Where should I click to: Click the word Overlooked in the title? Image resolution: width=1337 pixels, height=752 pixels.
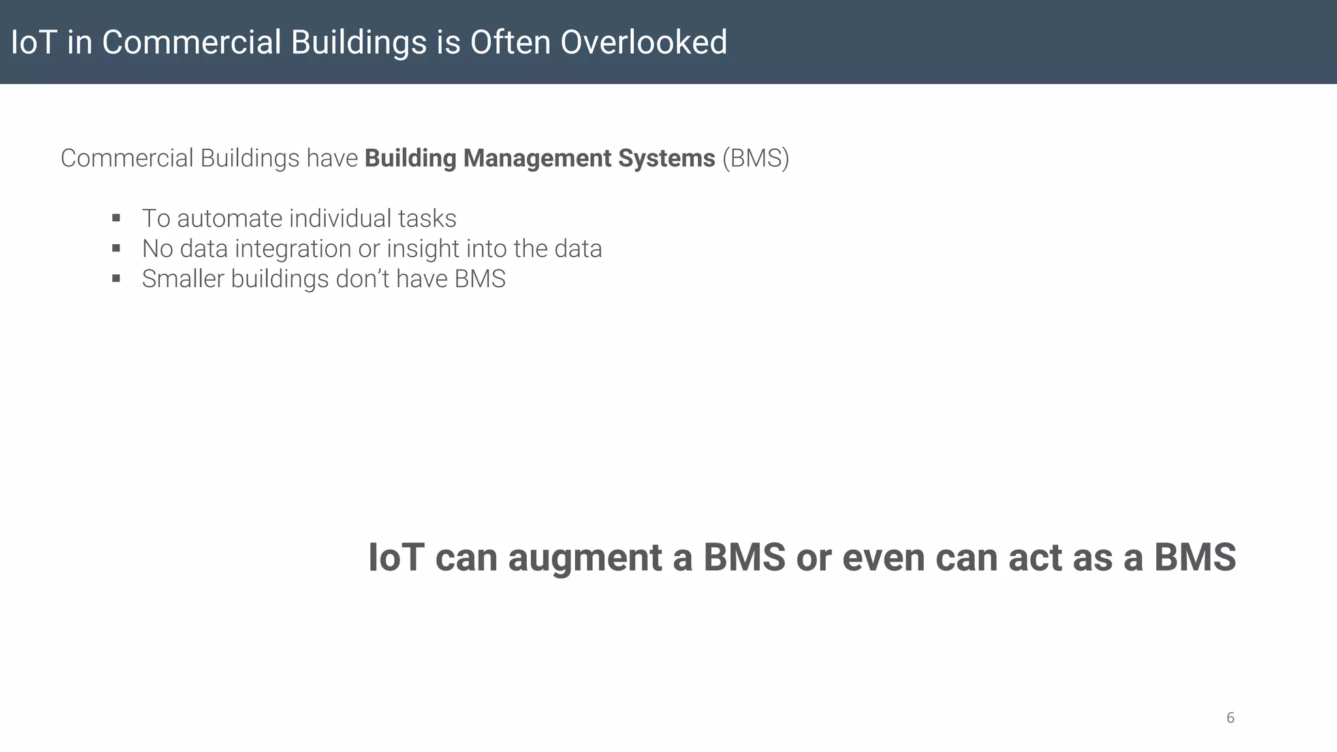point(643,42)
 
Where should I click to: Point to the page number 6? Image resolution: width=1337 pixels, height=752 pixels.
point(1230,718)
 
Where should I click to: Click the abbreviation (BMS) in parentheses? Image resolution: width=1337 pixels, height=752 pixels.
point(755,159)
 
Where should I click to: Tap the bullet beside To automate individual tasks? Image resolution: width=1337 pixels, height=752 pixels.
point(116,218)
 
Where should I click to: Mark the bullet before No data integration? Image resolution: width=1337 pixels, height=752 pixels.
point(116,248)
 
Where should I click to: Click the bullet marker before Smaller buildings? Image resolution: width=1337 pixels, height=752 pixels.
point(116,279)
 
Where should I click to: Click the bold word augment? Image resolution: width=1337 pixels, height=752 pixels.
point(585,559)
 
